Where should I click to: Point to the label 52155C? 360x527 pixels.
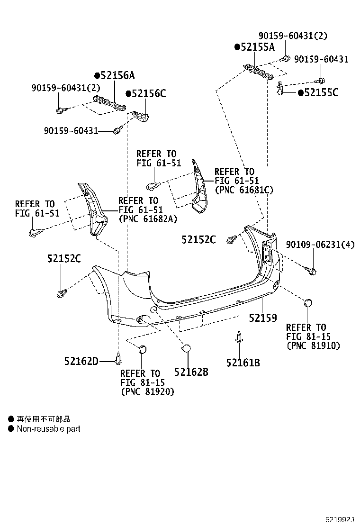click(x=321, y=93)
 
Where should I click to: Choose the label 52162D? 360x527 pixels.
click(x=81, y=362)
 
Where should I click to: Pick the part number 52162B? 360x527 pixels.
click(x=191, y=373)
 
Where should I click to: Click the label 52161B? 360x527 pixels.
click(x=243, y=363)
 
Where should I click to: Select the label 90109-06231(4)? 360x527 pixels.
click(x=320, y=245)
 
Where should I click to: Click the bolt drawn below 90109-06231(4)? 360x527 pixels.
click(x=313, y=270)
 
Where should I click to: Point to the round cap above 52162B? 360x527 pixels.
click(x=186, y=349)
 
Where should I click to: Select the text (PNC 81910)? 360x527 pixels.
click(x=313, y=346)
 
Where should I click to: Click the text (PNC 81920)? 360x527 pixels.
click(x=147, y=392)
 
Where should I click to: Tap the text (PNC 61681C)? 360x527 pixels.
click(x=243, y=190)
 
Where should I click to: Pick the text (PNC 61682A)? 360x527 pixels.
click(x=147, y=219)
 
